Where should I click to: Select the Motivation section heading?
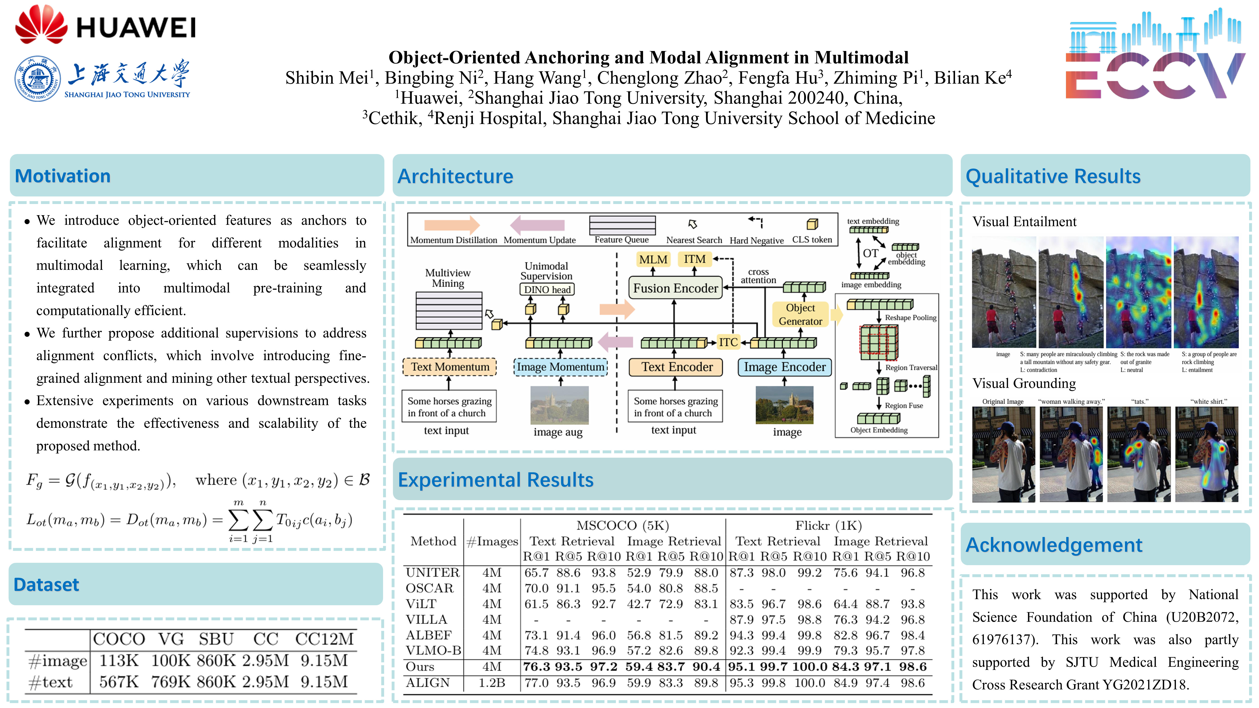[63, 176]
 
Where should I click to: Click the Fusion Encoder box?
[676, 288]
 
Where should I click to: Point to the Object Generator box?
[800, 314]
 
